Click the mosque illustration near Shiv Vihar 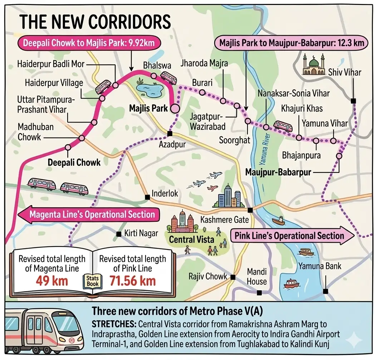pyautogui.click(x=314, y=65)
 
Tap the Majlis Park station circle pyautogui.click(x=175, y=109)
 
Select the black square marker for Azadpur pyautogui.click(x=170, y=134)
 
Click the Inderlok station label pyautogui.click(x=165, y=194)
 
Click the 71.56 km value pyautogui.click(x=132, y=280)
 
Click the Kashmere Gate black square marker pyautogui.click(x=250, y=210)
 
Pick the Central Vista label pyautogui.click(x=191, y=239)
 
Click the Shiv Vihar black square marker pyautogui.click(x=353, y=101)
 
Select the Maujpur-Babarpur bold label pyautogui.click(x=278, y=172)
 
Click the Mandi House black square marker pyautogui.click(x=260, y=292)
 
